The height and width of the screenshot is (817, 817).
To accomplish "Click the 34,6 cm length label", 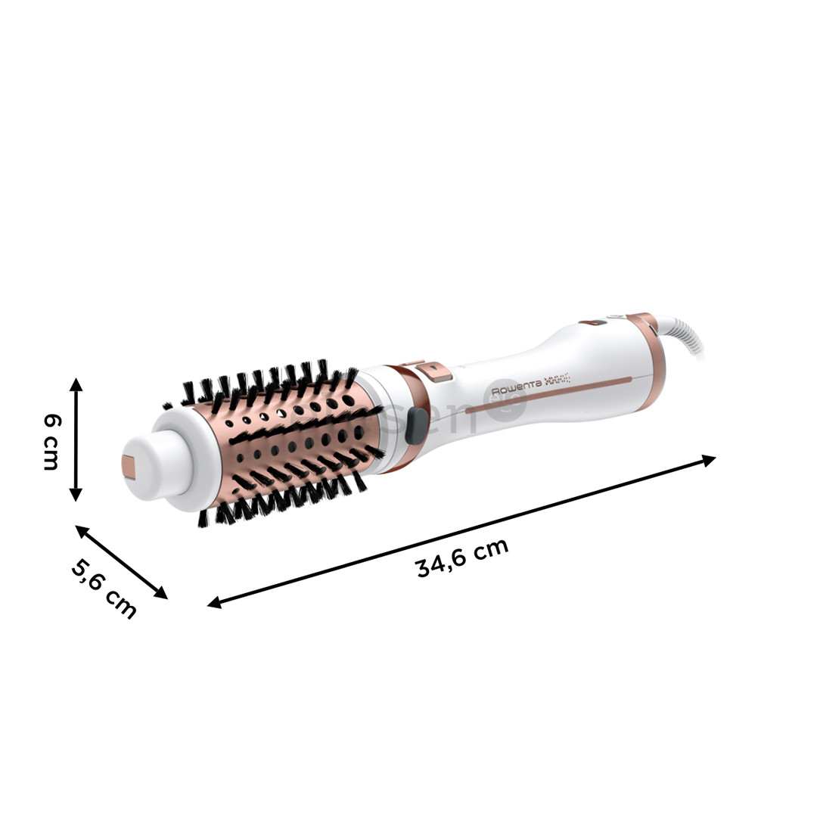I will [462, 558].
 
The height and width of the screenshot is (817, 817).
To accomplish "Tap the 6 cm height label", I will [51, 442].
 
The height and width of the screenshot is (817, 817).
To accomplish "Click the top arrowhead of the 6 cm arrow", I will [76, 384].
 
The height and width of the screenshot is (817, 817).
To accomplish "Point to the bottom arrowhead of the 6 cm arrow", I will [76, 495].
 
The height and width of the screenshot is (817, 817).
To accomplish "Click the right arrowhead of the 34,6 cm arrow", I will [709, 459].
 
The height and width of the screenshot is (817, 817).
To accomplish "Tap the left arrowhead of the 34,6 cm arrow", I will [214, 603].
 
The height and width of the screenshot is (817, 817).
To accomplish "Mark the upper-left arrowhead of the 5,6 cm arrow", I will [81, 530].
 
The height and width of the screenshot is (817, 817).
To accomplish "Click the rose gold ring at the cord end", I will [650, 356].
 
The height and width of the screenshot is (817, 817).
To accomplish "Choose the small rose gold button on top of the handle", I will [593, 323].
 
